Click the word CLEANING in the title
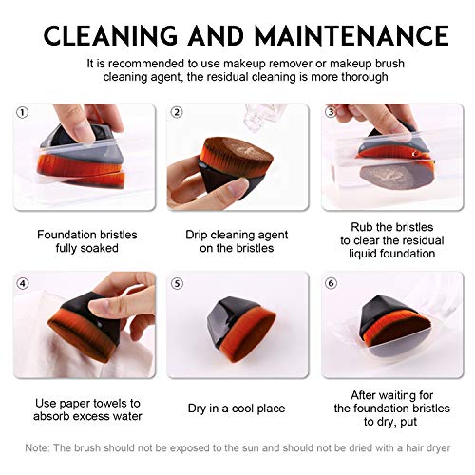[110, 35]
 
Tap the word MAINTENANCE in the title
[351, 35]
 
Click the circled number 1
[22, 113]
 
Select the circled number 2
[177, 112]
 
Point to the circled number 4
[22, 283]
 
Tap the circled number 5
[177, 283]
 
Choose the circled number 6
[331, 283]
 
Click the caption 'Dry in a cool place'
[237, 408]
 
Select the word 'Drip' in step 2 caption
[197, 235]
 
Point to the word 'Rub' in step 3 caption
[361, 227]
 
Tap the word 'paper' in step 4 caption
[75, 404]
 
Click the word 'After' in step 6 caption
[364, 395]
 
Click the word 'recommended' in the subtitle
[146, 64]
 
